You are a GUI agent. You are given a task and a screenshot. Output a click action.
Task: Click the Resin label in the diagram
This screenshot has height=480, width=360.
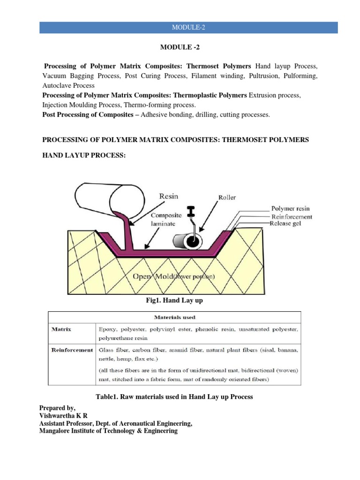(x=169, y=197)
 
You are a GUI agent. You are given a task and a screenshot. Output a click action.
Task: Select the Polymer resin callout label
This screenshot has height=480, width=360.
(x=291, y=209)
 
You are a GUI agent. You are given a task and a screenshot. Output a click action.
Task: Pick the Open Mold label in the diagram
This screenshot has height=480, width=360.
(x=173, y=276)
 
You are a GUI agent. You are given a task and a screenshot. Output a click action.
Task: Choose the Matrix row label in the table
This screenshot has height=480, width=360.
(x=61, y=329)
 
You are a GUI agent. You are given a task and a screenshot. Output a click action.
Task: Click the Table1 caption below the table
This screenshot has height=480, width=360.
(x=174, y=397)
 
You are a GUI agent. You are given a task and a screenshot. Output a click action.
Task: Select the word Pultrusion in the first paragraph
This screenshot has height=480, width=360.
(x=268, y=75)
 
